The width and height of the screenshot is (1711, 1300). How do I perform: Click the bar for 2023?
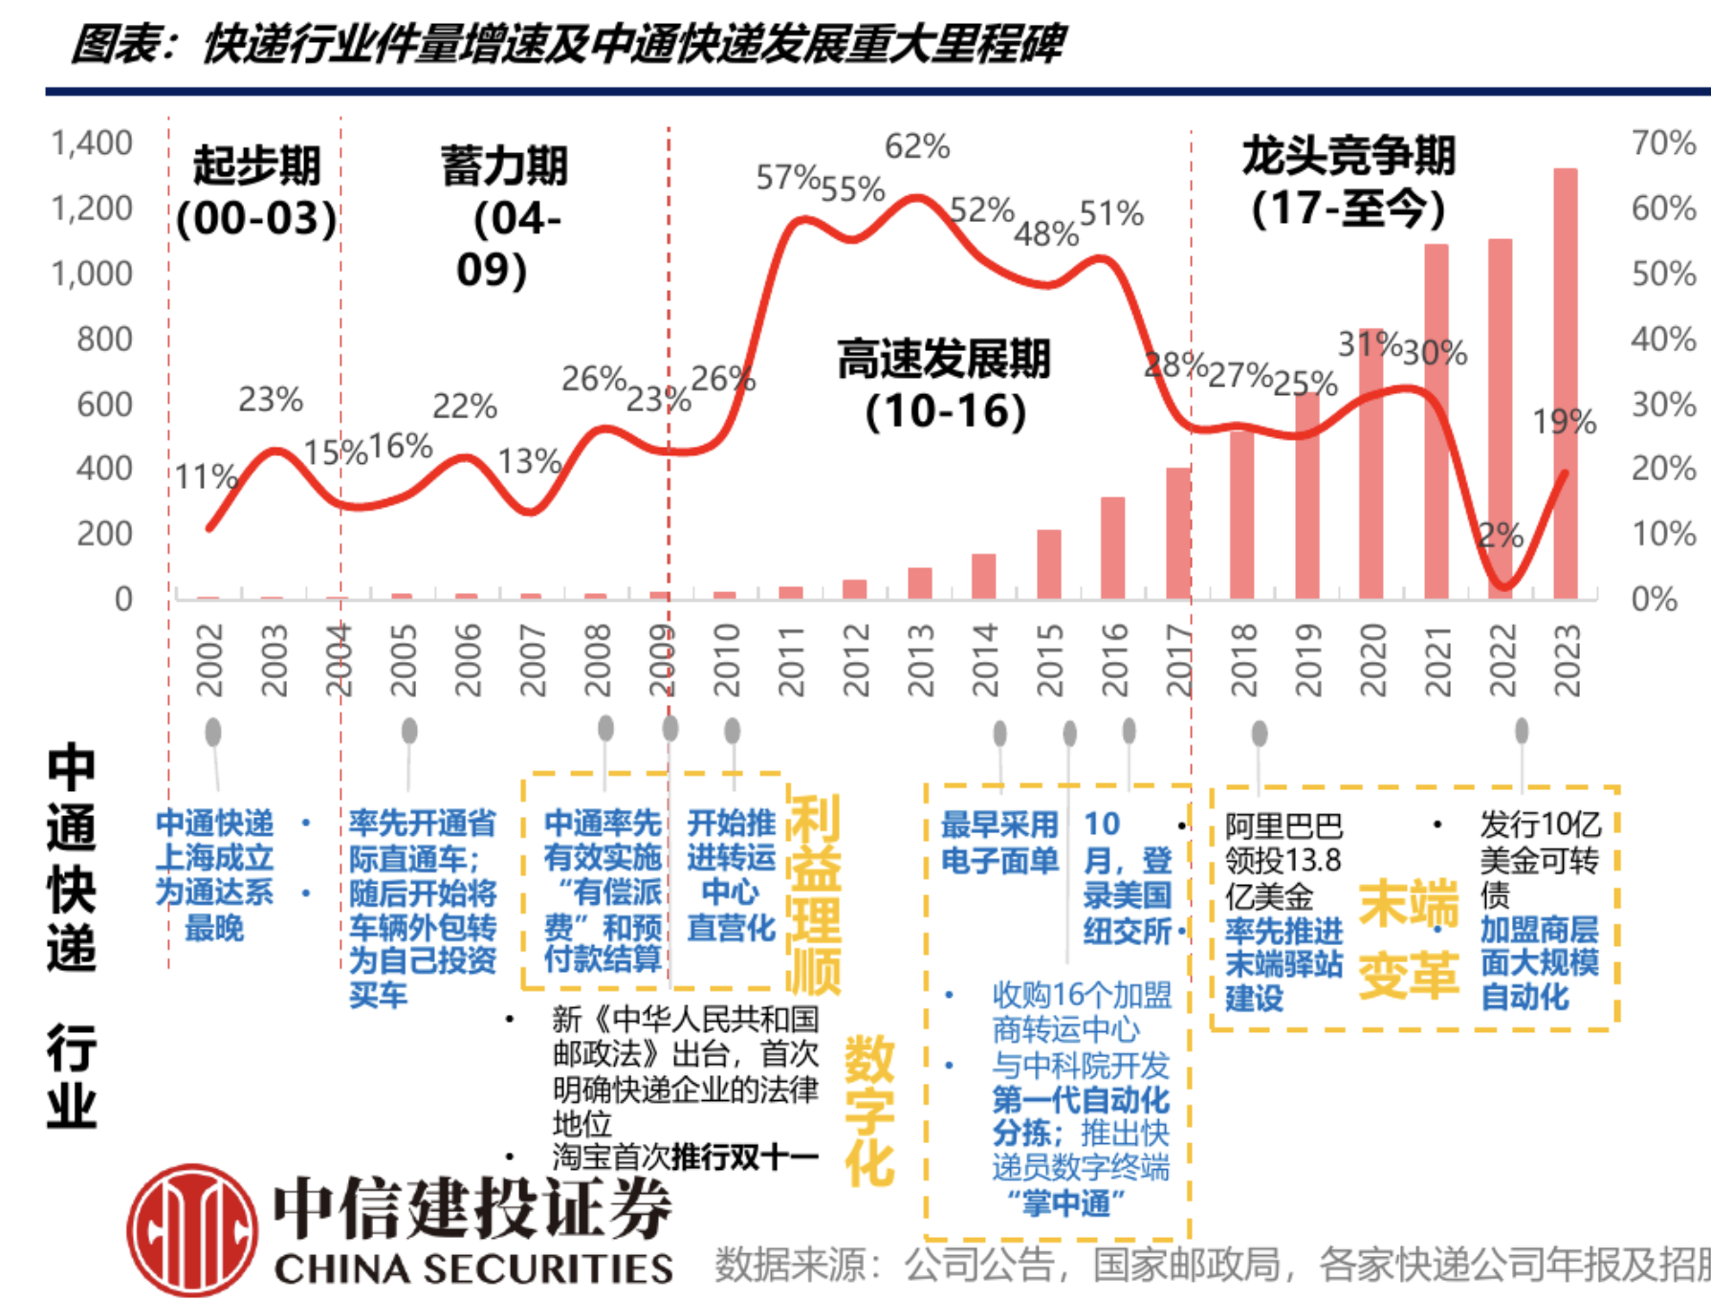1565,383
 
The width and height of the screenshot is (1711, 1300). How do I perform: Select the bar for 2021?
1436,421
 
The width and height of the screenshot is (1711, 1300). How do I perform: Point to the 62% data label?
917,146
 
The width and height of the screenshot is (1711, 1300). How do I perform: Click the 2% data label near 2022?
1501,536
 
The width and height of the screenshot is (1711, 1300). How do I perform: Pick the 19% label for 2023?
1565,422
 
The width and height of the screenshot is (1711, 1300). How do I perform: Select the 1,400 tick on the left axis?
92,143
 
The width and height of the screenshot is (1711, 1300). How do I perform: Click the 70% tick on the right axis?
1664,143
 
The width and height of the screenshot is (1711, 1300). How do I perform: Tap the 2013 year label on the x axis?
920,660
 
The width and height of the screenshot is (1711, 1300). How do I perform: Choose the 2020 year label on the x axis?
1373,660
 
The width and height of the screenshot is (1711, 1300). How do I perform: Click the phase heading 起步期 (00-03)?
256,191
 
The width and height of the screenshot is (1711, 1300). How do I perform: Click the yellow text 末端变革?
1408,940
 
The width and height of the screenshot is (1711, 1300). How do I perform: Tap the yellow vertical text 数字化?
868,1110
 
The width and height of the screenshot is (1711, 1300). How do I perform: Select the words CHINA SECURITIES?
473,1269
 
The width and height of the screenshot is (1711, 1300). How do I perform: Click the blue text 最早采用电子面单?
999,842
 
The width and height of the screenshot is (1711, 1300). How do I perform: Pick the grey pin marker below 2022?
1522,732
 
